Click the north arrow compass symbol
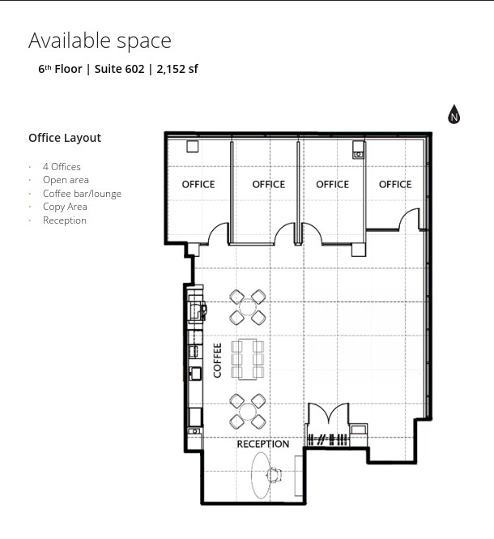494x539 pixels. [x=454, y=115]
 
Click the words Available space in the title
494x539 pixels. [x=100, y=41]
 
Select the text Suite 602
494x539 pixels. [x=118, y=69]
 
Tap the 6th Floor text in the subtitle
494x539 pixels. [x=60, y=69]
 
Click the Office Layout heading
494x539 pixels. [x=65, y=138]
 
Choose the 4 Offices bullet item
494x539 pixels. [x=62, y=167]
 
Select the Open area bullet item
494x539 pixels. [x=66, y=180]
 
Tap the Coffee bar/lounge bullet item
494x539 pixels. [x=82, y=194]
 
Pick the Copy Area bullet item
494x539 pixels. [x=65, y=207]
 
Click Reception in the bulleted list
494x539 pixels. [x=64, y=220]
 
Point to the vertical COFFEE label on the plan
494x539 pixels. [x=217, y=360]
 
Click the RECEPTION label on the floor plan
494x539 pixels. [x=262, y=444]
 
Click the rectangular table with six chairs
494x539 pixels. [x=248, y=359]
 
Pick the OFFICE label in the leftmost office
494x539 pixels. [x=198, y=185]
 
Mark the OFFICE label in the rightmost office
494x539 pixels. [x=395, y=185]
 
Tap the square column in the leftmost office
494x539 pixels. [x=193, y=147]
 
